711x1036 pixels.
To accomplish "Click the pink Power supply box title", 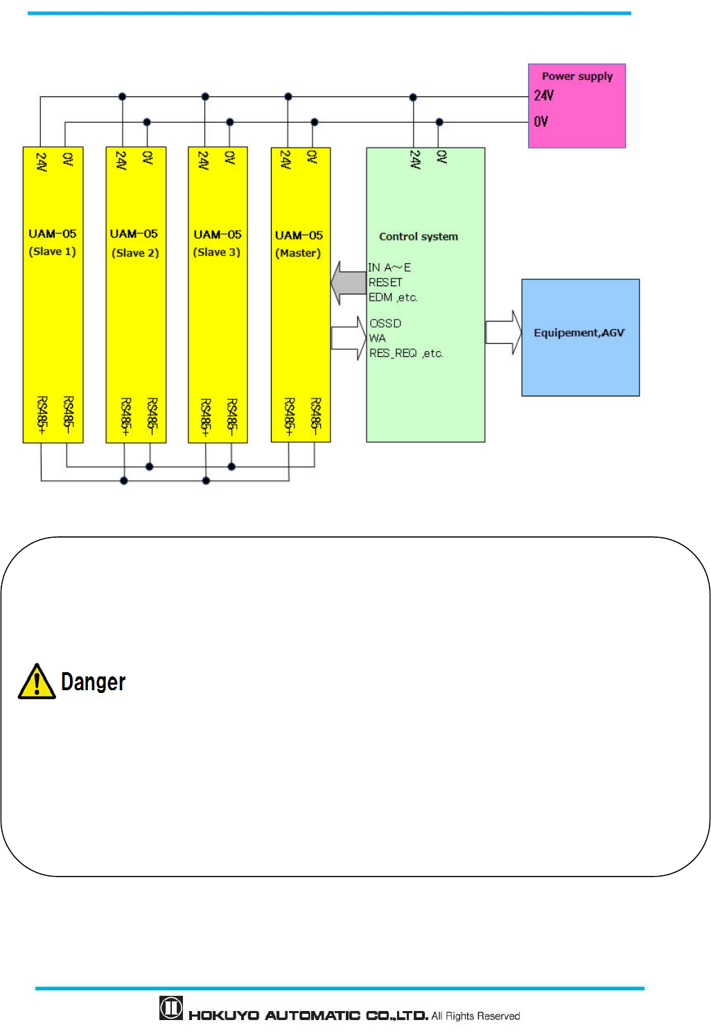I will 577,76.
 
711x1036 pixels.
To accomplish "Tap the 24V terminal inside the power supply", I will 543,96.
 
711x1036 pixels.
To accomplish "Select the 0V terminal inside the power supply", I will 541,122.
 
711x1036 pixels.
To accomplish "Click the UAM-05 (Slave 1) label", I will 53,242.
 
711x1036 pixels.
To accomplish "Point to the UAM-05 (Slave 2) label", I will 134,243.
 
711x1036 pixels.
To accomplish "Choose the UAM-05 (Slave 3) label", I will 217,243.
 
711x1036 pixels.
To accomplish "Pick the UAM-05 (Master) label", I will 299,243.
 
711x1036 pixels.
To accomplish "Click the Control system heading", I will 418,236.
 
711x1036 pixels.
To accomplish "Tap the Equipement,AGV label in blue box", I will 579,333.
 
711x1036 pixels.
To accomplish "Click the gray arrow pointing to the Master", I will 348,282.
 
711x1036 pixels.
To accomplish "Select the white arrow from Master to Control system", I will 349,337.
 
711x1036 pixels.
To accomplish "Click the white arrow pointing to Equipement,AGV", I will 503,332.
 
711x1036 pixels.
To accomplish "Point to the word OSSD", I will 385,324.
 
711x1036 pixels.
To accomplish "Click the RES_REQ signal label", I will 393,353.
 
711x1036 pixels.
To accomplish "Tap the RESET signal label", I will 385,283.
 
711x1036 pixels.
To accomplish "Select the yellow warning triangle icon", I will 37,682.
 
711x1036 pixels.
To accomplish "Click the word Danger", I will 93,682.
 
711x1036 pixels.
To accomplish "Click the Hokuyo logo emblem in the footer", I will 171,1008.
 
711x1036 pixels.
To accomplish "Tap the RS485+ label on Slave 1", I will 42,415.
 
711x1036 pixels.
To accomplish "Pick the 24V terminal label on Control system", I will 415,160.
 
